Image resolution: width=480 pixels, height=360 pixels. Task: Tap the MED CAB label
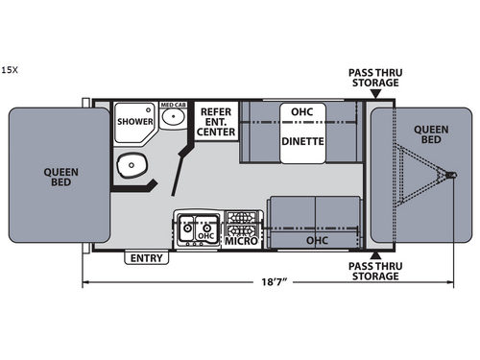coord(172,105)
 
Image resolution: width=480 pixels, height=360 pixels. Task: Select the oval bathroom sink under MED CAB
coord(173,119)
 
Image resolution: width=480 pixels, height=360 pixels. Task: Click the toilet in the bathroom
coord(128,169)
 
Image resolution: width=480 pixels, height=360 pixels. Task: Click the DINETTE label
coord(302,141)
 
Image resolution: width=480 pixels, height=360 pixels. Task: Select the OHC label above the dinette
coord(302,111)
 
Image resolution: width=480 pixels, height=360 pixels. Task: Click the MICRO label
coord(240,239)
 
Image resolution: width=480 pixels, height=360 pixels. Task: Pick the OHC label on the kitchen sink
coord(205,234)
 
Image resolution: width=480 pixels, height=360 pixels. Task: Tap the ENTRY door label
coord(147,258)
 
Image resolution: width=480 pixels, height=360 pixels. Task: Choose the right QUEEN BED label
coord(428,135)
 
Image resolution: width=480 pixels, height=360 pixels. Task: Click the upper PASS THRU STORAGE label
coord(373,76)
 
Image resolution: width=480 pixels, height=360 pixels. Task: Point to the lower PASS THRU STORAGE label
coord(373,271)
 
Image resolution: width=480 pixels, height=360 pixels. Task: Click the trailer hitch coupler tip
coord(450,174)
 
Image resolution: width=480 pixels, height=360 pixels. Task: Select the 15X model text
coord(9,69)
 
